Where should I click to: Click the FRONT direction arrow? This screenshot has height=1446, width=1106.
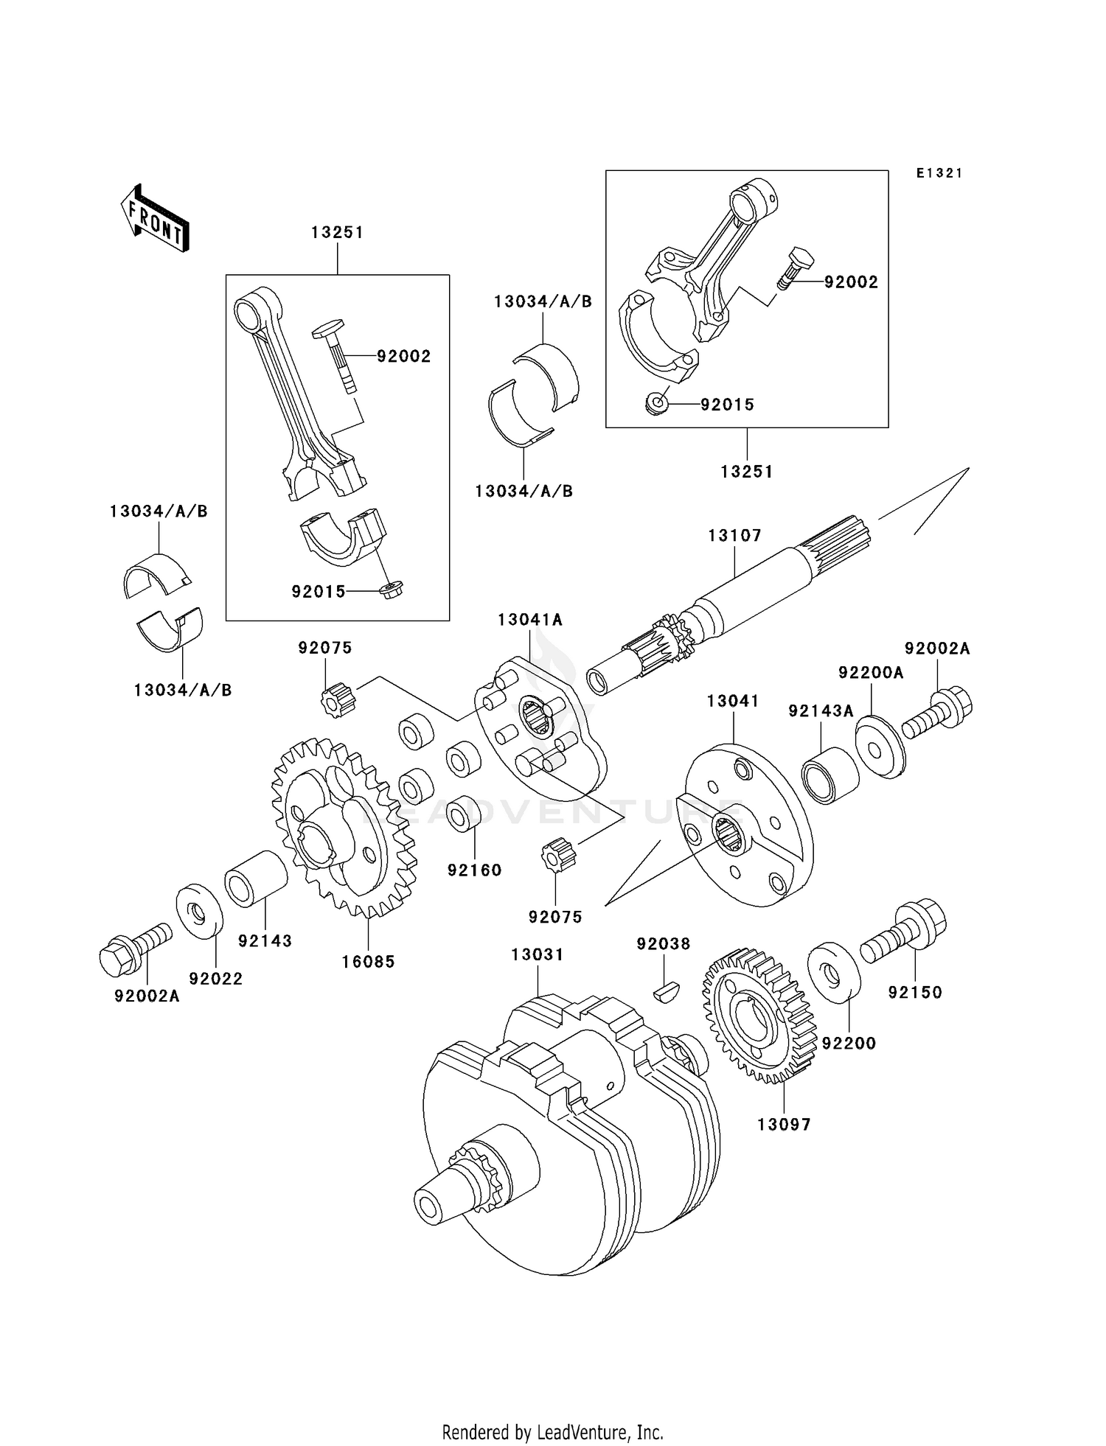coord(155,219)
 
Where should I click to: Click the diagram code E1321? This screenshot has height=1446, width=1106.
coord(939,173)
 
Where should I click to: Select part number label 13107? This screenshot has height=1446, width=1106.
coord(734,536)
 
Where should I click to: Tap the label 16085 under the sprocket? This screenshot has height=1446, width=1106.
coord(368,961)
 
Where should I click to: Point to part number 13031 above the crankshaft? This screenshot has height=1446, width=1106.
coord(538,954)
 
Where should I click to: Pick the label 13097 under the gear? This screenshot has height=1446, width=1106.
coord(784,1125)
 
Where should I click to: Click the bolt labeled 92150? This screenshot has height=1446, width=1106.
coord(905,934)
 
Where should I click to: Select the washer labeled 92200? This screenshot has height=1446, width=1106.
coord(834,973)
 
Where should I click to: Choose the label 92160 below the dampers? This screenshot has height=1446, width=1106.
coord(474,870)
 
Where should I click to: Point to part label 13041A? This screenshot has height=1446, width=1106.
coord(529,620)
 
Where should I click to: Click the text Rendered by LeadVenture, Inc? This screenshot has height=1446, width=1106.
coord(552,1432)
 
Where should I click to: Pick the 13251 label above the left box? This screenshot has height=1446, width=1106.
coord(337,232)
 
